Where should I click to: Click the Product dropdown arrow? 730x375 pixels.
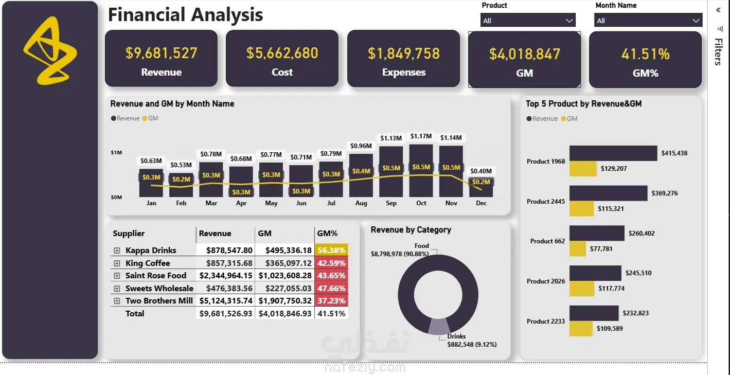[569, 21]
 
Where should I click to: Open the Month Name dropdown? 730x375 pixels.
[648, 20]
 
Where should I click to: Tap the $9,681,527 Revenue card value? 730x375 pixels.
[162, 53]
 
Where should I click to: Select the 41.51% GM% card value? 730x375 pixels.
[645, 54]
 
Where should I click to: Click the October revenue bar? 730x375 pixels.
[421, 171]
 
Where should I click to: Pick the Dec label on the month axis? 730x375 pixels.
[481, 203]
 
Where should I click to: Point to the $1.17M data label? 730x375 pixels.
[421, 136]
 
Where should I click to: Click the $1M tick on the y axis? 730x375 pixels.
[116, 152]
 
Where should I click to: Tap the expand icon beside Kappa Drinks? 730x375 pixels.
[117, 251]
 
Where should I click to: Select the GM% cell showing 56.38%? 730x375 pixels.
[331, 250]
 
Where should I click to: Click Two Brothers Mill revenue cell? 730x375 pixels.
[226, 301]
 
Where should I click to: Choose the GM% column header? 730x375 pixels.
[327, 233]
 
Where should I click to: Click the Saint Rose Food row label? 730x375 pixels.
[156, 276]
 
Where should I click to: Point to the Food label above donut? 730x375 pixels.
[421, 246]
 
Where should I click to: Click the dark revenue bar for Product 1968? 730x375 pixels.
[613, 153]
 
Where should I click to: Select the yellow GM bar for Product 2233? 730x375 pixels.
[581, 328]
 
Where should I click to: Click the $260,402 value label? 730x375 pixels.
[642, 233]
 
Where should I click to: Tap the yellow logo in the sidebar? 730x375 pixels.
[50, 51]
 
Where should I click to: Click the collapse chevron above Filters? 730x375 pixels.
[718, 10]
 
